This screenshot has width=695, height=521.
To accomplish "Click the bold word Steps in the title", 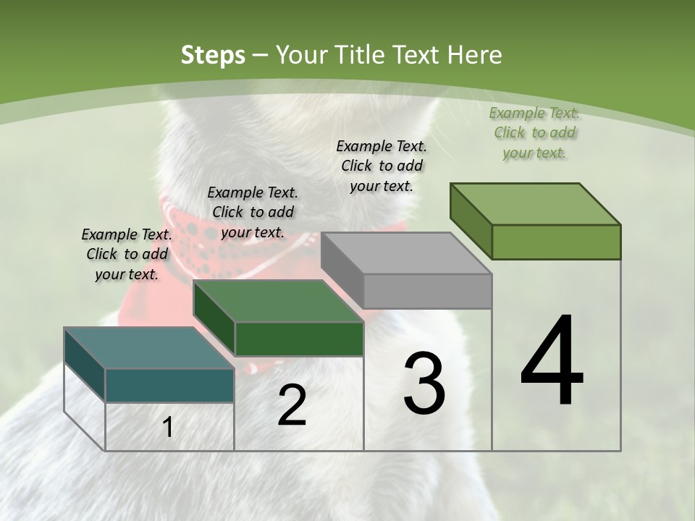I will [212, 55].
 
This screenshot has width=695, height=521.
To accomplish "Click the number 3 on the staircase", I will [424, 384].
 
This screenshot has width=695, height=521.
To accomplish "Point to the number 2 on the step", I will [292, 405].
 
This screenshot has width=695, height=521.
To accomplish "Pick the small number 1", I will [168, 427].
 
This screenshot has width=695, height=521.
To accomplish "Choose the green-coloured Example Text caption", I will [534, 132].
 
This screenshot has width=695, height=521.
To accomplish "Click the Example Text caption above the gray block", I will [382, 166].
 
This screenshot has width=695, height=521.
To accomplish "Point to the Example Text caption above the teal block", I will [127, 254].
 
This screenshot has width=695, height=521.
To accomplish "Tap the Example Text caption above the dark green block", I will [253, 212].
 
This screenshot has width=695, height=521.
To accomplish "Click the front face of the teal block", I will [169, 385].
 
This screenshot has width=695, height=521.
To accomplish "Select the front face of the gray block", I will [427, 291].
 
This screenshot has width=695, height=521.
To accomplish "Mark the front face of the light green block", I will [556, 242].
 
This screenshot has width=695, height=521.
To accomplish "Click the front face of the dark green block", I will [299, 339].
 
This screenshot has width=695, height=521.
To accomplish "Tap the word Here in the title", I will [476, 55].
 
